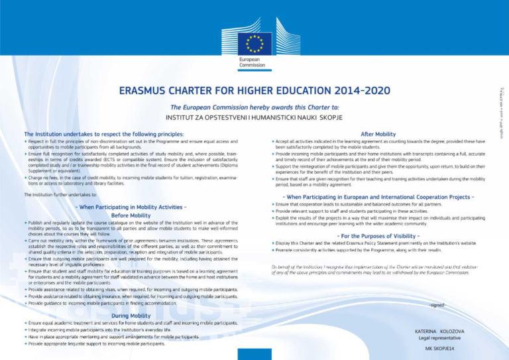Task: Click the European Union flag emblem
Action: (255, 43)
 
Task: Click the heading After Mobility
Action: (378, 133)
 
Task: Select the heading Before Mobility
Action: (130, 215)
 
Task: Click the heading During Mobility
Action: (131, 315)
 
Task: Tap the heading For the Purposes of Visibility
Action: (378, 235)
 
